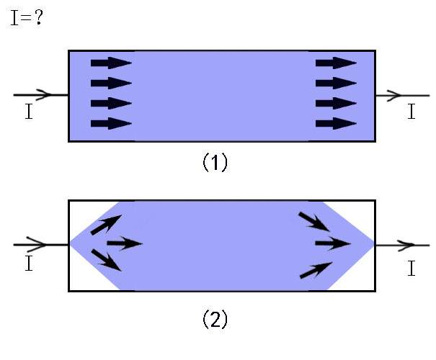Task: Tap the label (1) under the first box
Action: [214, 163]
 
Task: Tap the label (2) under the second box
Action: [214, 319]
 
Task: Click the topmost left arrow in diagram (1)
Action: [111, 63]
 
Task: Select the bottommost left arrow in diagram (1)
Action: [111, 123]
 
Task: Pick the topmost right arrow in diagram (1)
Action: [336, 63]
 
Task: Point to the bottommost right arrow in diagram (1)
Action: [336, 123]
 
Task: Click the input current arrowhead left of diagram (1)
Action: [45, 94]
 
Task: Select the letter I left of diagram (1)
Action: [28, 114]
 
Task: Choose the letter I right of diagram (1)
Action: [411, 112]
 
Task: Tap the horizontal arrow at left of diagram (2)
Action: [124, 243]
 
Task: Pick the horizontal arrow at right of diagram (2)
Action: [332, 243]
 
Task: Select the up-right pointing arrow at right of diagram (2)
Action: [315, 270]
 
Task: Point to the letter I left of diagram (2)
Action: [28, 264]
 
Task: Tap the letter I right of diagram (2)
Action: [411, 269]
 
